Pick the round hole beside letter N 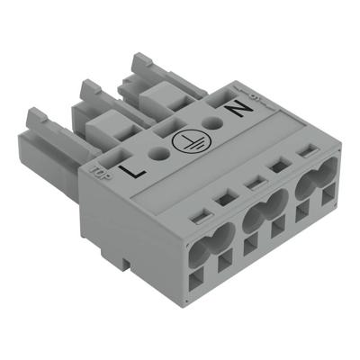(x=214, y=124)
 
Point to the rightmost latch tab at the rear (x=142, y=62)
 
